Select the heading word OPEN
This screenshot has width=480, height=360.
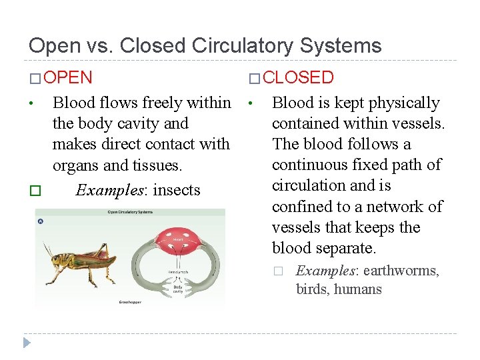pos(71,77)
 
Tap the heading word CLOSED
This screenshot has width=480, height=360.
pos(297,77)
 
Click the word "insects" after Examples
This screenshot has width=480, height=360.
pos(177,190)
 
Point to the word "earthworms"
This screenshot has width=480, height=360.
pos(401,271)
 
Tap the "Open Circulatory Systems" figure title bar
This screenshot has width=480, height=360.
pos(131,213)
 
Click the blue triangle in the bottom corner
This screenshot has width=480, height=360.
pos(27,343)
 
